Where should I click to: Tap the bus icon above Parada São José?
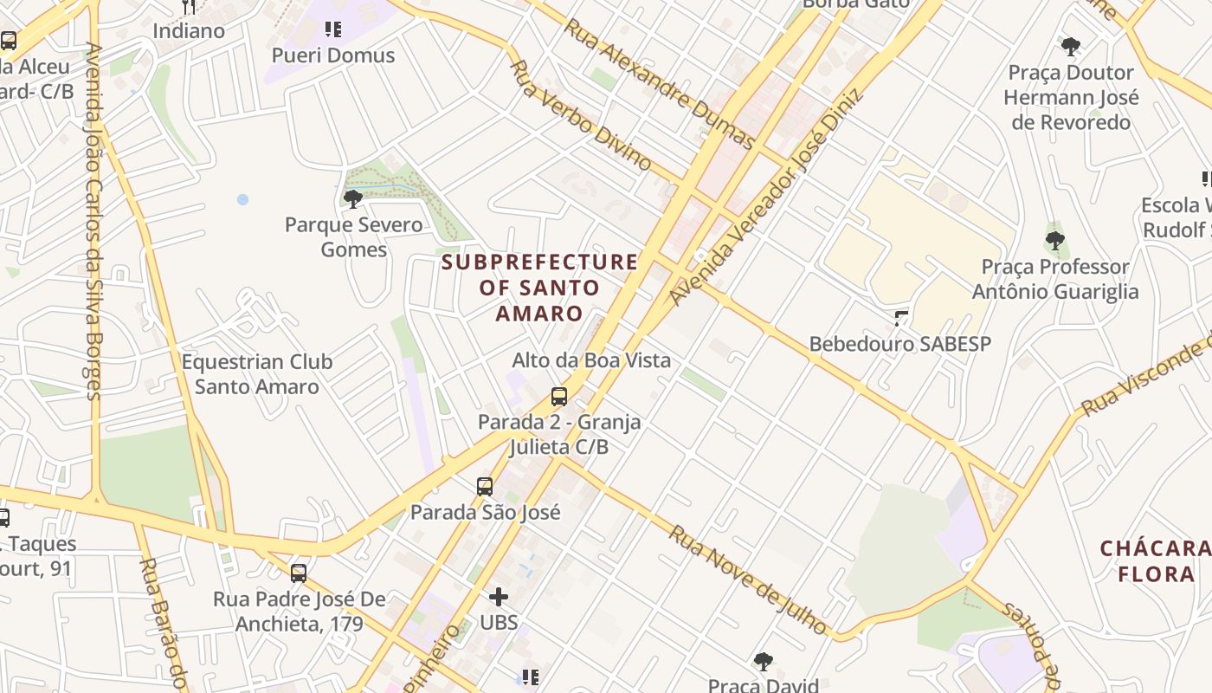(485, 487)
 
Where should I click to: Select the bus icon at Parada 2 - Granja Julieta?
(559, 397)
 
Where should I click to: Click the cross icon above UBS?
(499, 596)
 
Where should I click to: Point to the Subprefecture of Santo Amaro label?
(539, 288)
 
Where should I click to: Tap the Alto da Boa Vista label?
(591, 360)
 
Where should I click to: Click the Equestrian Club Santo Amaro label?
(257, 374)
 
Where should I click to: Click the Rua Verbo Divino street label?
(582, 114)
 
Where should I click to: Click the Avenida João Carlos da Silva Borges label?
(93, 221)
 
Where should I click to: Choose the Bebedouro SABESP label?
(899, 344)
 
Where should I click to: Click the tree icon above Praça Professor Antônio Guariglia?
(1054, 240)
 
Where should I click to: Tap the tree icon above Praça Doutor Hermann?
(1071, 46)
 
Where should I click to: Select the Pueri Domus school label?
(333, 55)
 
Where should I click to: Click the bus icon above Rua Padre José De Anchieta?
(299, 573)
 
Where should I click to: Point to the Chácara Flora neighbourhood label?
(1156, 560)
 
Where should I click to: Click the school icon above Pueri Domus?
(333, 29)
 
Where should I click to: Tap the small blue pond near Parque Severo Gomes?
(242, 199)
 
